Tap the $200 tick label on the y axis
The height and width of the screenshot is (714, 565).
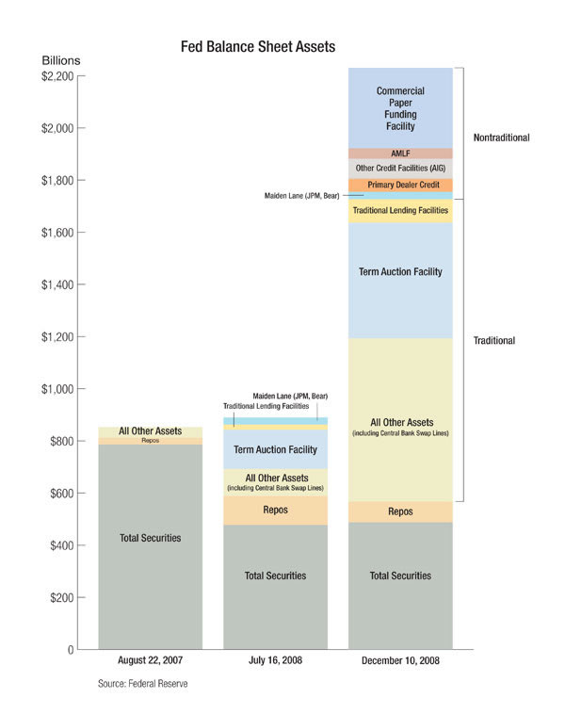coord(60,598)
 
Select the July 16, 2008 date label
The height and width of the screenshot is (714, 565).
coord(275,661)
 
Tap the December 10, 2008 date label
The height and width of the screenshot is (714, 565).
coord(400,661)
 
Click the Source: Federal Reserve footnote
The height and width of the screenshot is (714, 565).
coord(143,683)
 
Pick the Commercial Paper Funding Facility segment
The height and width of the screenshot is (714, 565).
coord(400,108)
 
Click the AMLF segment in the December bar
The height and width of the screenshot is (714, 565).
coord(400,154)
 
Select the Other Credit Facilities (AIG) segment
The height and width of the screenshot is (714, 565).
coord(400,168)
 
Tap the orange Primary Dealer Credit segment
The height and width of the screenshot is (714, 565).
coord(400,185)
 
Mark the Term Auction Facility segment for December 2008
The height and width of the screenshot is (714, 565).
coord(400,272)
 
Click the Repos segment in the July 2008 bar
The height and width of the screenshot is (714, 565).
coord(275,510)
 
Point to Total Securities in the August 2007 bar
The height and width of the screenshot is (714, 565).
coord(150,538)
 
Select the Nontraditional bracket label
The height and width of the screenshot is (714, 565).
coord(501,138)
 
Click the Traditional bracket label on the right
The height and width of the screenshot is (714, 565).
coord(494,340)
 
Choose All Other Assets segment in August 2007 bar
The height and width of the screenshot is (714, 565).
coord(150,431)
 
